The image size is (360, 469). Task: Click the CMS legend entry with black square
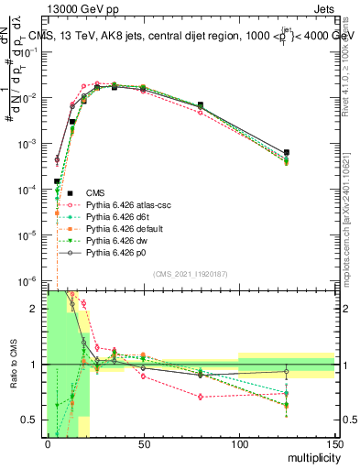tap(96, 192)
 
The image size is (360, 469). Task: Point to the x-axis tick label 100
tap(239, 444)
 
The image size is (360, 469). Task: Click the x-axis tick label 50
tap(143, 444)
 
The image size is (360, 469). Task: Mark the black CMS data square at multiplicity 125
tap(287, 152)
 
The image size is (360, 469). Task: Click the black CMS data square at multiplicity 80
tap(201, 105)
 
